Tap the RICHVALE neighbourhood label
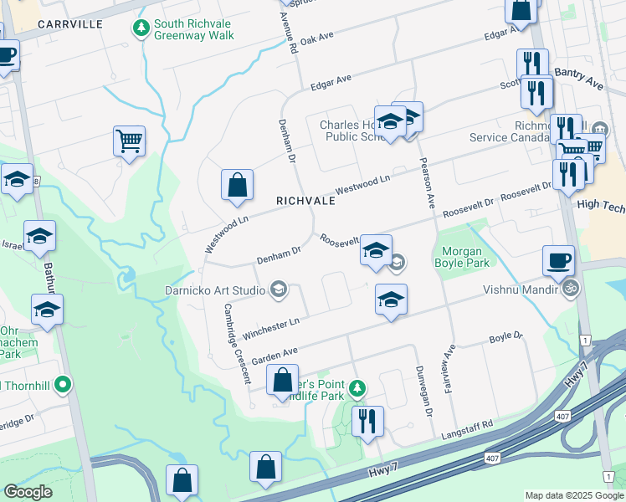(305, 202)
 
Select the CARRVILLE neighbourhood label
(70, 24)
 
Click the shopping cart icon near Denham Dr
(129, 141)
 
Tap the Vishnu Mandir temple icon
(571, 289)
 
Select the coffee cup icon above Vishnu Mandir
(558, 259)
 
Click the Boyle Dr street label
(505, 338)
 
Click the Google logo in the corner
(28, 492)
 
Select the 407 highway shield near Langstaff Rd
(494, 457)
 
